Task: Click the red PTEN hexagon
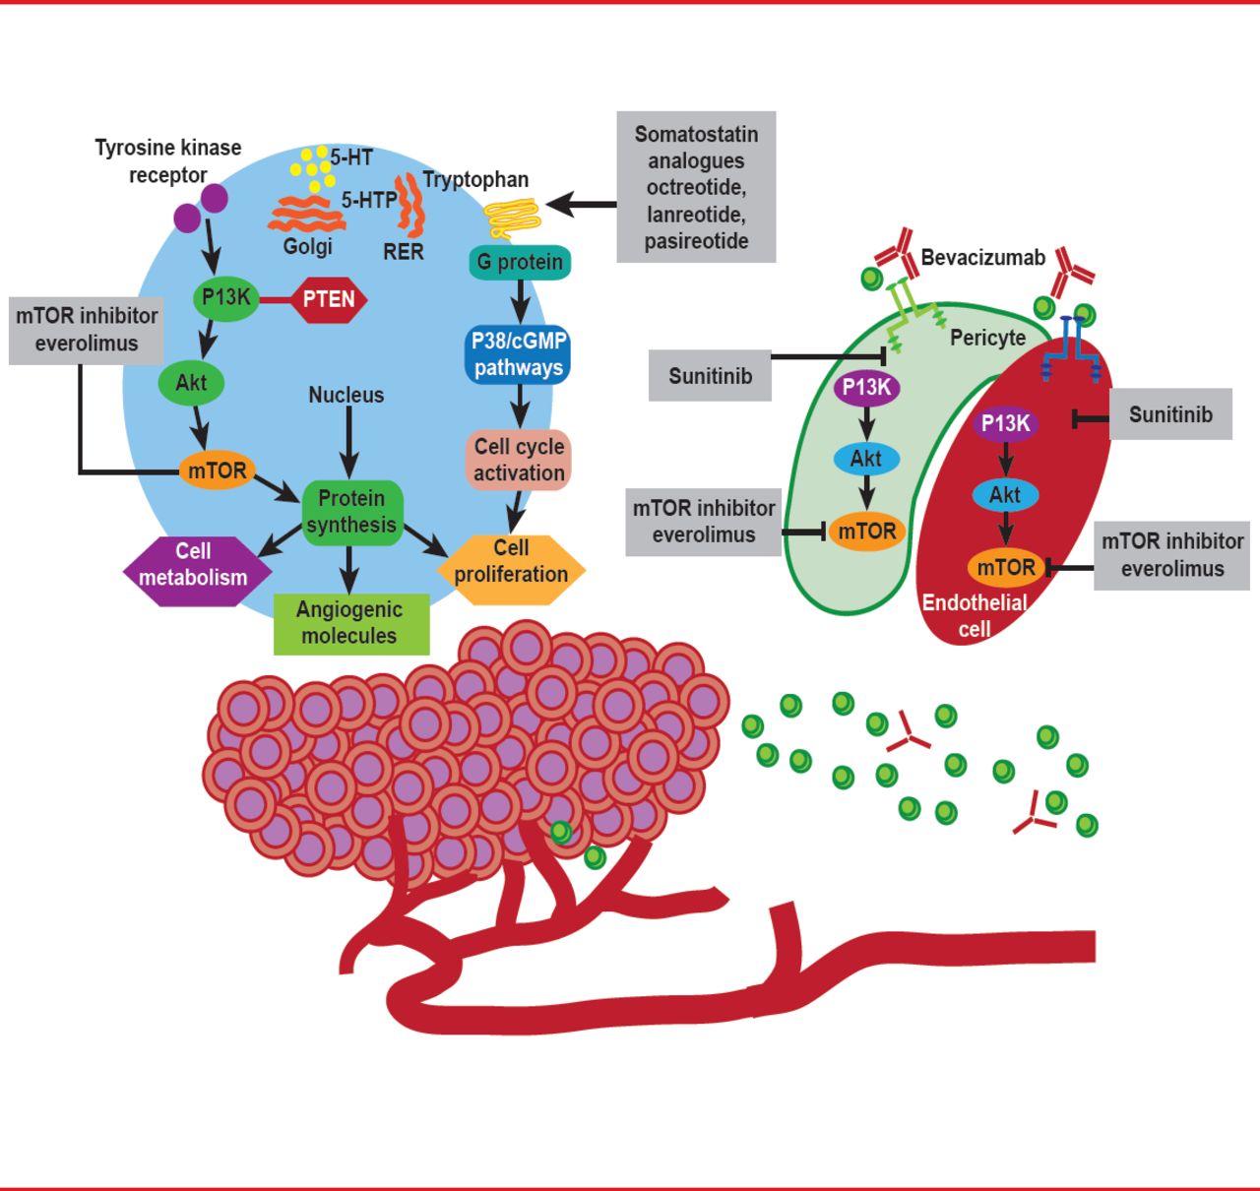[x=329, y=299]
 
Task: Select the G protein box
[x=520, y=263]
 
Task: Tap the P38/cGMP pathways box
[x=518, y=354]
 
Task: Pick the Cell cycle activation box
[x=519, y=460]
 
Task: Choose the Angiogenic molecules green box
[x=350, y=623]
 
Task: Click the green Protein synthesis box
[x=351, y=511]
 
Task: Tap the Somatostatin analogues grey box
[x=696, y=187]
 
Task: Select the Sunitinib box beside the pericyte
[x=710, y=376]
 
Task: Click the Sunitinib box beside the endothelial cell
[x=1170, y=414]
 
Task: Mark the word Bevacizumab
[x=982, y=258]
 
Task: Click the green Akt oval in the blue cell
[x=191, y=382]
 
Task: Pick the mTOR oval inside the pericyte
[x=866, y=532]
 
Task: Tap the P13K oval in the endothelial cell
[x=1005, y=424]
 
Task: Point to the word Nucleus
[x=346, y=395]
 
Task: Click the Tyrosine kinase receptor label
[x=168, y=161]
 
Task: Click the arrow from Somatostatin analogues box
[x=581, y=205]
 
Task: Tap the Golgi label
[x=308, y=246]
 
